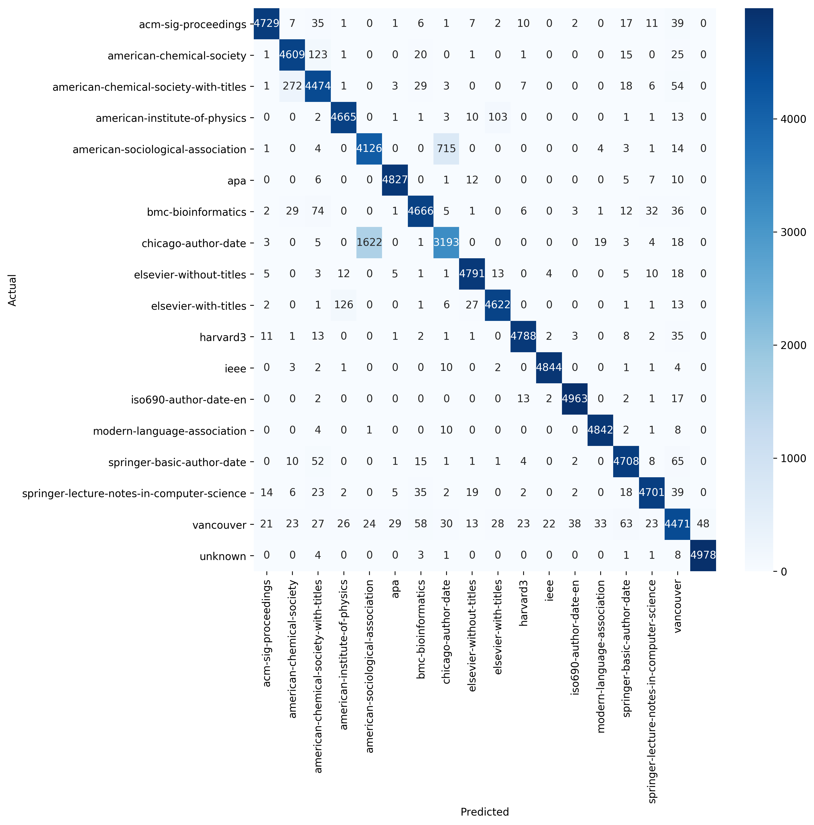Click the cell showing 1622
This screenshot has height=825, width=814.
(x=369, y=243)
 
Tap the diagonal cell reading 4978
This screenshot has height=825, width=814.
(x=703, y=556)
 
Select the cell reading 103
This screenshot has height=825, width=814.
(x=498, y=117)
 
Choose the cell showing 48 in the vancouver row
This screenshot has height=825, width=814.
(x=703, y=524)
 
